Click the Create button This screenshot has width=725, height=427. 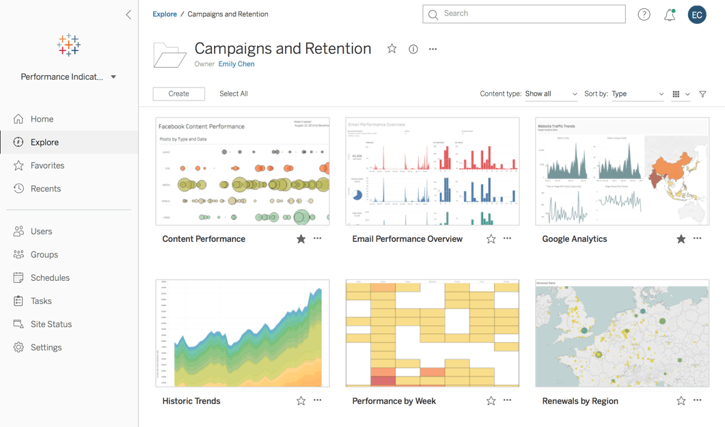click(x=178, y=94)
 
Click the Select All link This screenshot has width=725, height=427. click(x=233, y=94)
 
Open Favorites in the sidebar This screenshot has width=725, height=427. click(x=47, y=165)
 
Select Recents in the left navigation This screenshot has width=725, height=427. click(x=45, y=189)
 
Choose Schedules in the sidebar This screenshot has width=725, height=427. click(x=50, y=277)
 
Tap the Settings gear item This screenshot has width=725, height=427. click(x=46, y=347)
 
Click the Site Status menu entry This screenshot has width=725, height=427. click(x=51, y=324)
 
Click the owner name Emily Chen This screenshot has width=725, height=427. click(x=236, y=64)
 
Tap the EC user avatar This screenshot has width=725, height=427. click(x=697, y=14)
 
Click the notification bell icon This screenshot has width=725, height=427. click(x=670, y=14)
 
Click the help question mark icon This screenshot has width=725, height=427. click(x=644, y=14)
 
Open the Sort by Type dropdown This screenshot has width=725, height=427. click(x=637, y=94)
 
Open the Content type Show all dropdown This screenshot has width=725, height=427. click(x=551, y=94)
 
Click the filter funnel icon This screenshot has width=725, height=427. click(x=702, y=94)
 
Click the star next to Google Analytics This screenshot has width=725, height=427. click(x=681, y=238)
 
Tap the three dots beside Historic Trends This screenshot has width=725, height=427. click(x=317, y=400)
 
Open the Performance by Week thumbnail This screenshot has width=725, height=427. click(x=432, y=333)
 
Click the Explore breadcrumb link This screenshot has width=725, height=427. click(x=165, y=14)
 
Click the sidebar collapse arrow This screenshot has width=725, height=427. click(x=128, y=14)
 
